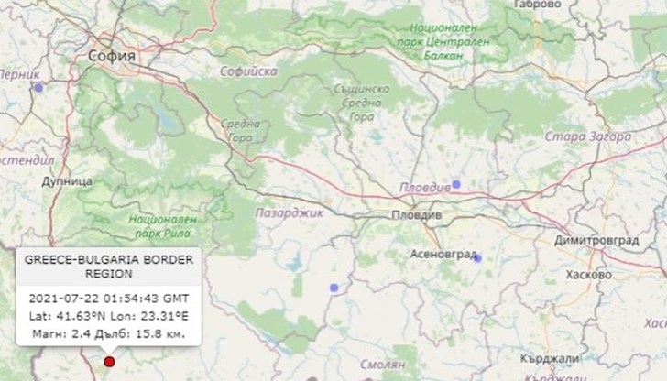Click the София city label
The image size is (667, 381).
(x=114, y=57)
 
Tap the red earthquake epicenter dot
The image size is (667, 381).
(x=110, y=362)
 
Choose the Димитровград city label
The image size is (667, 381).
(x=596, y=240)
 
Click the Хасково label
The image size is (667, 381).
(x=589, y=275)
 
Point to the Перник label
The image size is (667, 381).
(x=20, y=74)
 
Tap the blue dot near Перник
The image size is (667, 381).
(x=38, y=88)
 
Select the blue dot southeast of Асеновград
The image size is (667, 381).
(x=476, y=258)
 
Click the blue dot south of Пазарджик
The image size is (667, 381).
(x=334, y=288)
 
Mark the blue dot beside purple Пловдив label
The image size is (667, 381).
(x=455, y=184)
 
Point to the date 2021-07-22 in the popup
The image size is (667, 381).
(x=62, y=299)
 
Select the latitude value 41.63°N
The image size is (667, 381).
(x=74, y=316)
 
